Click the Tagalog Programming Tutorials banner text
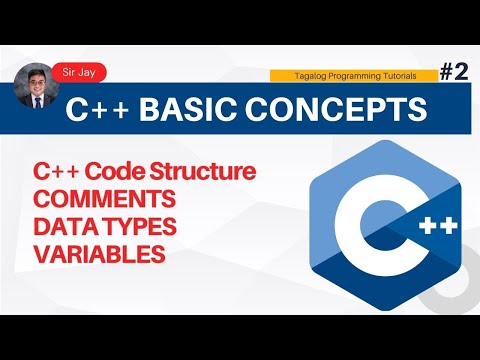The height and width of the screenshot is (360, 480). [355, 76]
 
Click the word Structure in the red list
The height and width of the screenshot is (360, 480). [206, 170]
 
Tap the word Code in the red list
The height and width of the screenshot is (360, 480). [125, 170]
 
